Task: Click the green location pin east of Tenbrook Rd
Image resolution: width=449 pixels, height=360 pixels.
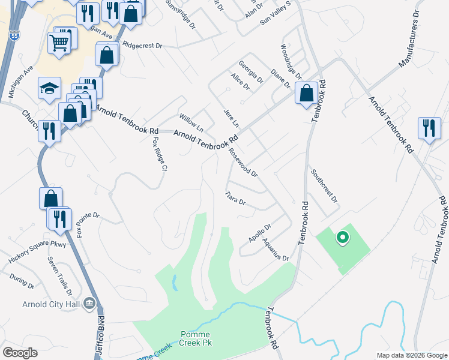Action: pos(343,238)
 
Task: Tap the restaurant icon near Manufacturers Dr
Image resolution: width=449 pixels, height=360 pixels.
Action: pos(429,127)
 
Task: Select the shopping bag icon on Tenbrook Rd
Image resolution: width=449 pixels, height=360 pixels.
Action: pos(307,93)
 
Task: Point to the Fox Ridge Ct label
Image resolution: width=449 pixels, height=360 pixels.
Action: pos(158,154)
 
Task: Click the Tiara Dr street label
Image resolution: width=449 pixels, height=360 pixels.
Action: pos(235,198)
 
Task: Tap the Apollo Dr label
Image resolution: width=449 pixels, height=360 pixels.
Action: pos(260,233)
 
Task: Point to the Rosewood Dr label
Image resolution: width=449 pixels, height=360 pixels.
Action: pos(243,163)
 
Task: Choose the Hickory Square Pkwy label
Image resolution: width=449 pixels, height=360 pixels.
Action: pos(37,252)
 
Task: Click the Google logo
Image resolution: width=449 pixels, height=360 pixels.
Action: pos(19,353)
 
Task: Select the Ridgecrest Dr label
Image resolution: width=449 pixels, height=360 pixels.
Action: pos(142,45)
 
